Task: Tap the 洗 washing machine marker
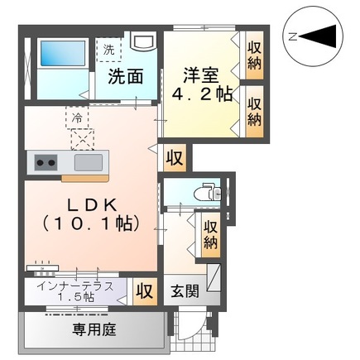coord(108,49)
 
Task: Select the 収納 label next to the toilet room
coord(211,233)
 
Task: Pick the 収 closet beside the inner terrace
coord(144,292)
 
